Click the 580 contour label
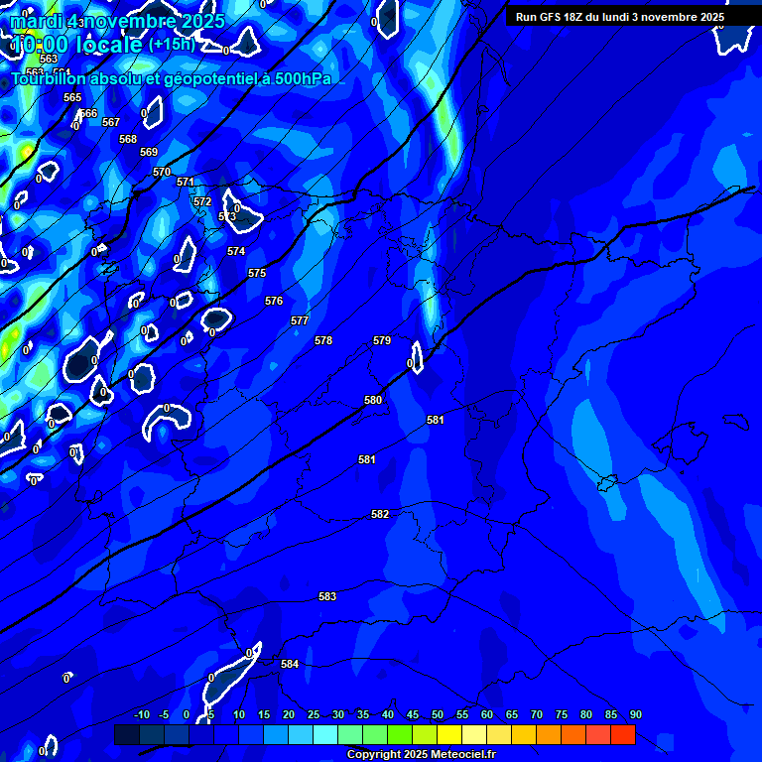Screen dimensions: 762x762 [373, 400]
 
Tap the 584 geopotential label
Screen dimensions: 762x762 [290, 664]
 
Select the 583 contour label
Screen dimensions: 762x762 [327, 596]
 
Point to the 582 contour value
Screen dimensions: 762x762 [380, 514]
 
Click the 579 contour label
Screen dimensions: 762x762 [382, 340]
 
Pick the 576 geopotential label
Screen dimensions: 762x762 [274, 301]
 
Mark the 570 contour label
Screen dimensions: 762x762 [162, 172]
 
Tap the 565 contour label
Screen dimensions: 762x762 [72, 97]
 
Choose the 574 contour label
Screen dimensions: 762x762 [236, 251]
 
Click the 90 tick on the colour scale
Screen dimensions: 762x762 [635, 714]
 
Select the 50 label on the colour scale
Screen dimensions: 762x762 [438, 714]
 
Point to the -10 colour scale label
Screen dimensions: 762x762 [141, 714]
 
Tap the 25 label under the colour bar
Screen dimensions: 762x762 [314, 714]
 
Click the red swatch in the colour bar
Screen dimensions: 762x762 [623, 734]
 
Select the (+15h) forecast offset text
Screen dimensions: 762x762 [172, 45]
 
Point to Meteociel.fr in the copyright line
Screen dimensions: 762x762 [463, 754]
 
